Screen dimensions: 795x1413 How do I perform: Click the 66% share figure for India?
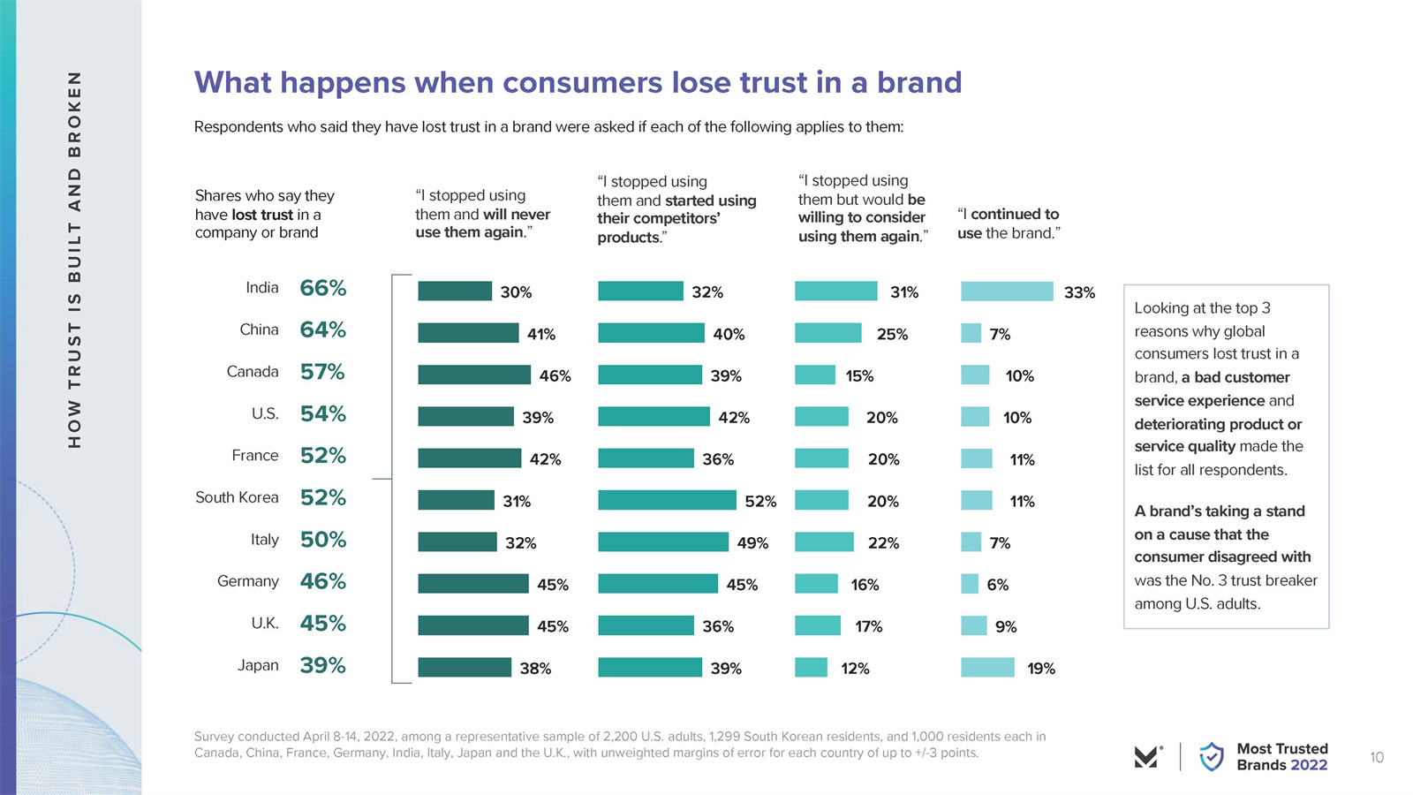(322, 288)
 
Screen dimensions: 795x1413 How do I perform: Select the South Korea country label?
(237, 497)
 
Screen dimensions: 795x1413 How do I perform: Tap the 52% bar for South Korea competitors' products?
(667, 500)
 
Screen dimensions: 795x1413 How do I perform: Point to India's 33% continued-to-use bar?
(1007, 291)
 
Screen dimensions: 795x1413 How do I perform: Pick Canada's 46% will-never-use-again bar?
(473, 375)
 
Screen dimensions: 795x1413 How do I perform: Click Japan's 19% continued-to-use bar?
(987, 668)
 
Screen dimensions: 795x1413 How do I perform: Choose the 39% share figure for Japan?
(322, 665)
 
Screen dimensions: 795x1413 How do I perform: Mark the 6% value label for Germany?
(998, 585)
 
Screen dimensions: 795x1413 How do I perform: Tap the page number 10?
(1377, 757)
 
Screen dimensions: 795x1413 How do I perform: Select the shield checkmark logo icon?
(1212, 757)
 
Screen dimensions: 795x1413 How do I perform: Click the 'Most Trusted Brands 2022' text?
(1282, 757)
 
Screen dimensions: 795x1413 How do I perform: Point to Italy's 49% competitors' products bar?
(663, 542)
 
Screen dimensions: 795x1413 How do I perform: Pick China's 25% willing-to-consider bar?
(827, 333)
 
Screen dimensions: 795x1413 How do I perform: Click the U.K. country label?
(265, 624)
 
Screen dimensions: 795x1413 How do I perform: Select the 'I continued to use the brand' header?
(1009, 223)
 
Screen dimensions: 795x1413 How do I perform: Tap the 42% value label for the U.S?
(734, 418)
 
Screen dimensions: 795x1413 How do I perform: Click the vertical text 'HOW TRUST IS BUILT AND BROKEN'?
(75, 259)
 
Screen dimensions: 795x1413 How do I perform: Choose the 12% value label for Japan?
(855, 669)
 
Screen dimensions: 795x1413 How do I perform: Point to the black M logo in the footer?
(1146, 757)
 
